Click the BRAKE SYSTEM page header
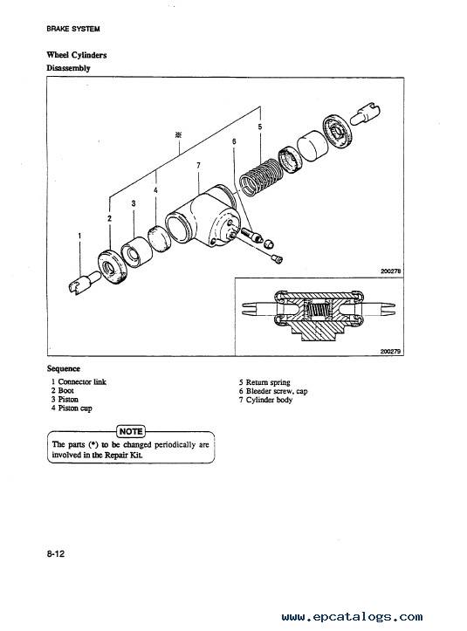[x=72, y=29]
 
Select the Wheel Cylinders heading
[x=77, y=55]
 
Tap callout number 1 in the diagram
[x=79, y=236]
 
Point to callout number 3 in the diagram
[x=134, y=203]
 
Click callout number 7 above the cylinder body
[x=198, y=166]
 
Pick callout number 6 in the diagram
[x=234, y=141]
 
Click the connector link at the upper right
[x=366, y=113]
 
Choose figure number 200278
[x=390, y=271]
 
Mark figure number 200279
[x=390, y=352]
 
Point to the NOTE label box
[x=131, y=431]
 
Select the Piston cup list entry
[x=72, y=408]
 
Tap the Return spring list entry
[x=264, y=382]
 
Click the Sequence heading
[x=64, y=368]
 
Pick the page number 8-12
[x=56, y=554]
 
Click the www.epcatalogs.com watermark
[x=353, y=616]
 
